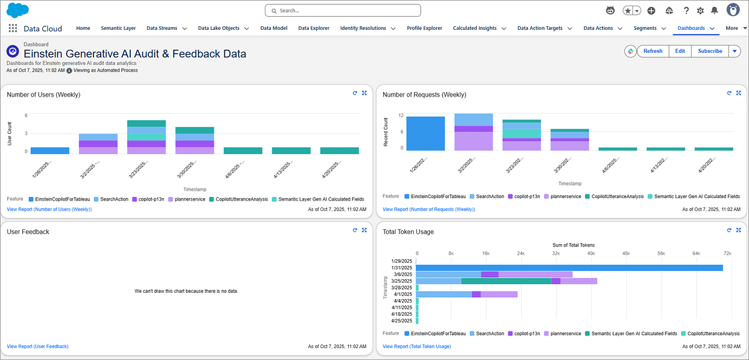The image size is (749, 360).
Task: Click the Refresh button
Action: (x=652, y=51)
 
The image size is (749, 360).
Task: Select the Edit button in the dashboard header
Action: (x=680, y=51)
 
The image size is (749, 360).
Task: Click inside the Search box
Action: (x=343, y=11)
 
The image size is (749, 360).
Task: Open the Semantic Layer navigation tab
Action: (x=118, y=28)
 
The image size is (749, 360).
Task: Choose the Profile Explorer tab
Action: (x=424, y=28)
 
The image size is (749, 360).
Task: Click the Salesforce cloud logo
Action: (x=17, y=10)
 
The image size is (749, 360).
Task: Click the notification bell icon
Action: (x=714, y=11)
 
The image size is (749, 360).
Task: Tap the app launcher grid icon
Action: (x=12, y=28)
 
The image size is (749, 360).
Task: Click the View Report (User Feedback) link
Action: (x=37, y=346)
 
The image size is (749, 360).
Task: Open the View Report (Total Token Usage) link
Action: (x=416, y=346)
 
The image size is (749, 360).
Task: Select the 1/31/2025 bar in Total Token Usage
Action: (x=569, y=268)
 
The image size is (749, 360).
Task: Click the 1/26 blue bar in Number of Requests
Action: (x=426, y=133)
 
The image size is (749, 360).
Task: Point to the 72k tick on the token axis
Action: (x=727, y=253)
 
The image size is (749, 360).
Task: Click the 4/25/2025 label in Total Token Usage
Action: (x=402, y=320)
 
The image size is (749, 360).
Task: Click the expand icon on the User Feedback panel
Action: (x=364, y=230)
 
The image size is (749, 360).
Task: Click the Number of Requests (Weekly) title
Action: (x=424, y=95)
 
